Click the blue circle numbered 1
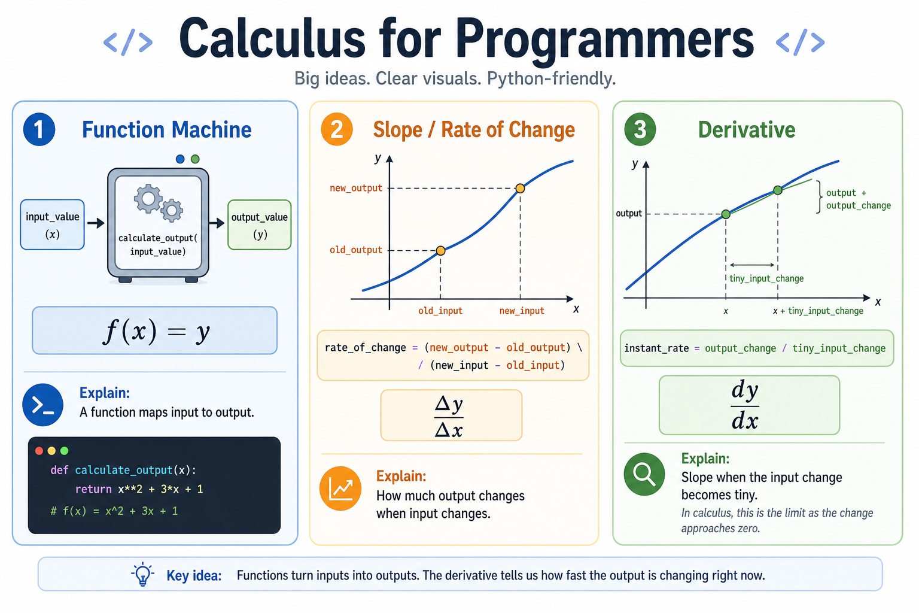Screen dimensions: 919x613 click(x=39, y=129)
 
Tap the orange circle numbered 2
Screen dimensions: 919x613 click(x=337, y=129)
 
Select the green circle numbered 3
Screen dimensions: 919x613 click(x=640, y=129)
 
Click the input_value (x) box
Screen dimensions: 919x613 click(x=53, y=224)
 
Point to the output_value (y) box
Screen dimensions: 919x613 click(x=259, y=224)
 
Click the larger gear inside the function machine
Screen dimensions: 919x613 click(x=148, y=199)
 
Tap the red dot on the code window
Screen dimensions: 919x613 click(x=39, y=451)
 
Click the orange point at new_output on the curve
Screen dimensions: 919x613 click(x=520, y=189)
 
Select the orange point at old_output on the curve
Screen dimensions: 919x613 click(x=440, y=250)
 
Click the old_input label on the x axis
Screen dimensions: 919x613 click(x=440, y=311)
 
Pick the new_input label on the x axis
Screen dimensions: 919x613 click(x=522, y=311)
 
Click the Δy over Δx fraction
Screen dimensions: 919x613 click(x=449, y=416)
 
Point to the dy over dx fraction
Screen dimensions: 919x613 click(x=745, y=405)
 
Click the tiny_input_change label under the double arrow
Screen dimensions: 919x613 click(x=766, y=278)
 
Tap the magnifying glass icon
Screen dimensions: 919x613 click(x=644, y=474)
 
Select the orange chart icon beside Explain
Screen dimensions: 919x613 click(x=340, y=488)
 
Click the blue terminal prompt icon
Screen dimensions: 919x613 click(x=42, y=405)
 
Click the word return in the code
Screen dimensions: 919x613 click(x=93, y=489)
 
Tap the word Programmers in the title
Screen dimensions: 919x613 click(x=604, y=39)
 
